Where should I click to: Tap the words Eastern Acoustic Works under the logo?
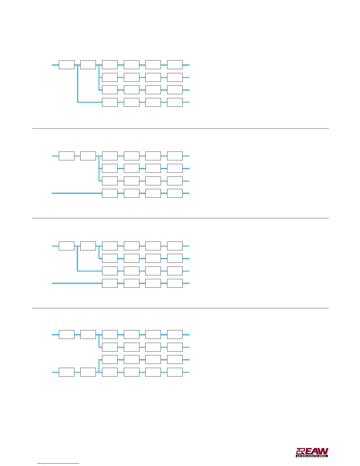312,456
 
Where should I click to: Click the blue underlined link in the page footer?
59,463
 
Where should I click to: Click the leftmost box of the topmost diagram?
66,65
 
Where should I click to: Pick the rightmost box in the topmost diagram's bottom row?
175,102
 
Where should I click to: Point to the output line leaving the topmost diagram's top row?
186,65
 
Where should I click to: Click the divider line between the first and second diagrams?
180,129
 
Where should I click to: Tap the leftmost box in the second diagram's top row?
66,156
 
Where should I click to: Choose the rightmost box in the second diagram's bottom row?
175,193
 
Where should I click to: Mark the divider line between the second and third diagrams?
180,218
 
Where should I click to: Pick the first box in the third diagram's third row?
110,271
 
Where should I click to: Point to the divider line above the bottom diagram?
180,308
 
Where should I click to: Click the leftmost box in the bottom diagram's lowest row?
66,372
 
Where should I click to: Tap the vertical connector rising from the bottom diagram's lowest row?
99,366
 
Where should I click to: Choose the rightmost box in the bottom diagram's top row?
175,335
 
